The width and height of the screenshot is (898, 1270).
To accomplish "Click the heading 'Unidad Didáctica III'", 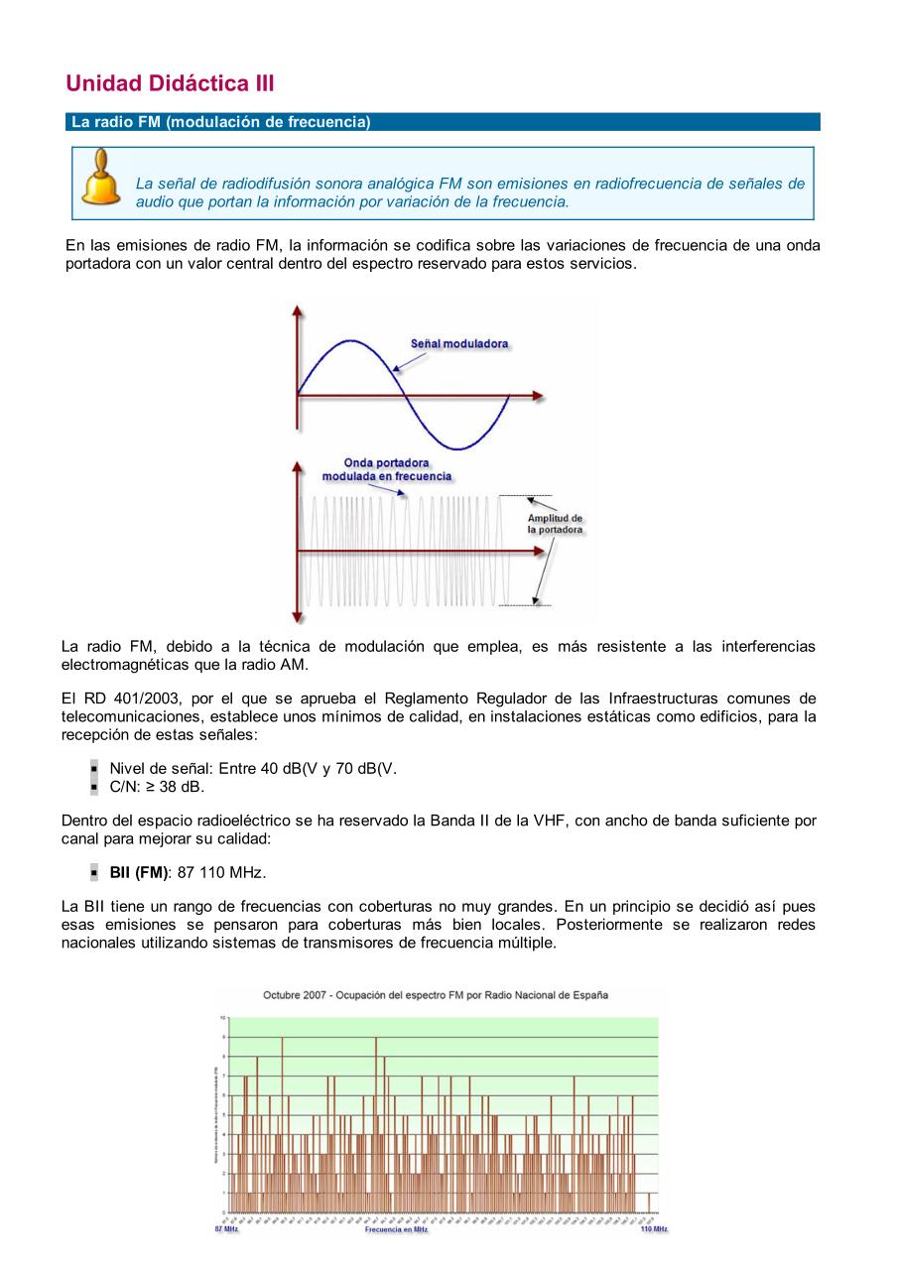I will tap(170, 83).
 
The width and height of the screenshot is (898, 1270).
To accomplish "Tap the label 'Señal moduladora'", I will tap(459, 343).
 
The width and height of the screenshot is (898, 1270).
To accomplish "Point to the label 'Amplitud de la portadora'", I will tap(555, 524).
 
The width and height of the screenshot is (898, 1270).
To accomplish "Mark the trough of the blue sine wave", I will tap(457, 448).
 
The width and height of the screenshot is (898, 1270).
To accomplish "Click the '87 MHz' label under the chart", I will tap(226, 1229).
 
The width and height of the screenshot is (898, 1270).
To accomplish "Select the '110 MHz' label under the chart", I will tap(653, 1229).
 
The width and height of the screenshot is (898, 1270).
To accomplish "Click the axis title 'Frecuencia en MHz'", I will tap(396, 1229).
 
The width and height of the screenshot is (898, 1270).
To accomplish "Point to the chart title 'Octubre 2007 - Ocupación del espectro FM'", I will tap(436, 994).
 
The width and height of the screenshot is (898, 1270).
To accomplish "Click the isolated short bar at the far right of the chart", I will tap(649, 1203).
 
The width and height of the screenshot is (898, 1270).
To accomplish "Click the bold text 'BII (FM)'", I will tap(139, 872).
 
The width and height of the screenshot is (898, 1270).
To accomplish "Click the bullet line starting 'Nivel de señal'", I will tap(253, 768).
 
